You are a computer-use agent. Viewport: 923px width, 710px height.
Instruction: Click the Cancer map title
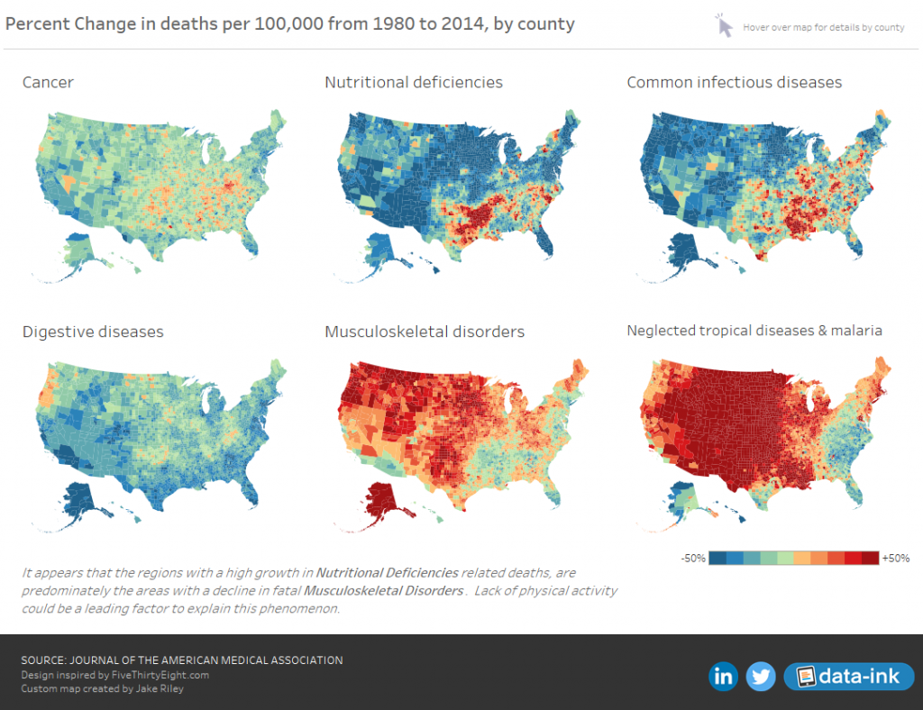coord(48,83)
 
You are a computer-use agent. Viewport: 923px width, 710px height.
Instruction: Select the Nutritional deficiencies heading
coord(413,83)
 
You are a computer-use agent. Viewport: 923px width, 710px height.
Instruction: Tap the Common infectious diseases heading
coord(734,83)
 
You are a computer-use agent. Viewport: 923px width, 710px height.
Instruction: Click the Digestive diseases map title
coord(93,332)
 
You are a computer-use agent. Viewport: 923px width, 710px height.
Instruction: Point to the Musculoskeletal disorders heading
coord(424,332)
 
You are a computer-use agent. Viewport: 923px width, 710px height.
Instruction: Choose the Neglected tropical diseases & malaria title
coord(754,331)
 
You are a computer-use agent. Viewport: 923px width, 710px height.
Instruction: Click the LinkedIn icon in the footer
coord(723,677)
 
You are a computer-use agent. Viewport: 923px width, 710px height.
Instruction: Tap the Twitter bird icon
coord(762,677)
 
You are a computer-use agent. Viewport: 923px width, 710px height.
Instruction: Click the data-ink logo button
coord(848,677)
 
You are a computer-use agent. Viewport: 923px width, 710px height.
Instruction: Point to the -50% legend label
coord(693,559)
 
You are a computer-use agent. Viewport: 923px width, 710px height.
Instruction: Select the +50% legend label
coord(896,559)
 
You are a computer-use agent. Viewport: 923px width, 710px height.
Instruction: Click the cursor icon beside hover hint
coord(724,26)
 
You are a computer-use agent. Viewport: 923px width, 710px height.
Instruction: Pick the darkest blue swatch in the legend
coord(718,559)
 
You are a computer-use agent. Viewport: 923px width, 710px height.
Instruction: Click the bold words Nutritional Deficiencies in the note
coord(388,573)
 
